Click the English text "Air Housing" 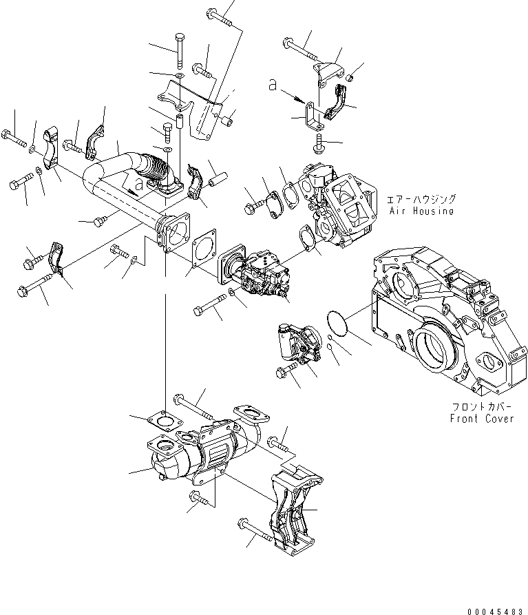point(420,211)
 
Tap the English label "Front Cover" point(482,418)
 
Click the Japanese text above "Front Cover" point(483,406)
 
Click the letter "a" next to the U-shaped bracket point(273,85)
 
